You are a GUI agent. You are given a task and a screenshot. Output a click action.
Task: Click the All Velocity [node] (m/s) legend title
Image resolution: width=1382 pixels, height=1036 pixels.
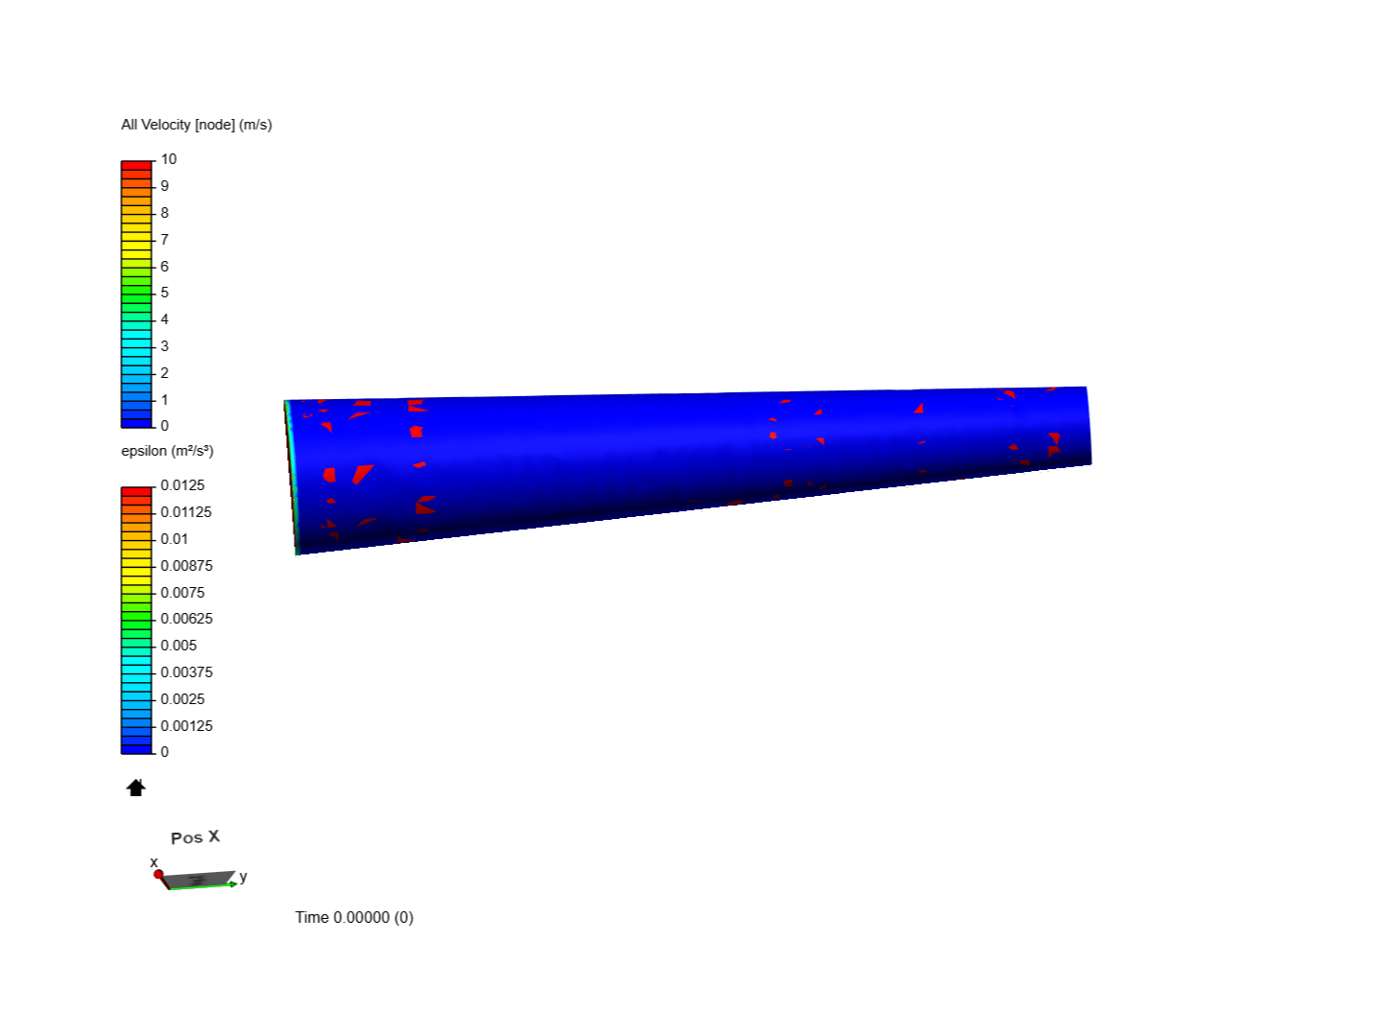tap(196, 125)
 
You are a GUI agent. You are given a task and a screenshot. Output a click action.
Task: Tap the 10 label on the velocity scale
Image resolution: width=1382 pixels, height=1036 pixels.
tap(169, 159)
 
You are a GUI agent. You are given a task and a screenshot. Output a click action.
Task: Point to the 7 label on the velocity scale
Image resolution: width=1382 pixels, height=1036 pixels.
tap(164, 240)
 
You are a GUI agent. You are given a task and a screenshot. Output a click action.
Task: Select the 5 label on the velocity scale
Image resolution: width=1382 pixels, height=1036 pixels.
tap(164, 293)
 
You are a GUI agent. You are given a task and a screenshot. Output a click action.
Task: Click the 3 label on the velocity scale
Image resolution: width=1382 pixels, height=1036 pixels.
tap(164, 346)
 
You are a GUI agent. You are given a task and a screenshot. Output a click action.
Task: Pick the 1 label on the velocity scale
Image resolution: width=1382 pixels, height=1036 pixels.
tap(164, 399)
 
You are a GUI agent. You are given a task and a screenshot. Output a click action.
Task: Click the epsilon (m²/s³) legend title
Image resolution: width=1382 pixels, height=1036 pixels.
tap(167, 451)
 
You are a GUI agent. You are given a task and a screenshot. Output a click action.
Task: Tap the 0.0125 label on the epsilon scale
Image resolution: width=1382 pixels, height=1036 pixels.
tap(182, 485)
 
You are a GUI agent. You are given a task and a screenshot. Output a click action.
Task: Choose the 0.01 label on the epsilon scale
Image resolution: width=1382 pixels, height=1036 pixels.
tap(175, 539)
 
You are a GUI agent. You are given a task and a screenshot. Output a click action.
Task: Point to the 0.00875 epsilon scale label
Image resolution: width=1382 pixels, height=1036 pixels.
tap(186, 566)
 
